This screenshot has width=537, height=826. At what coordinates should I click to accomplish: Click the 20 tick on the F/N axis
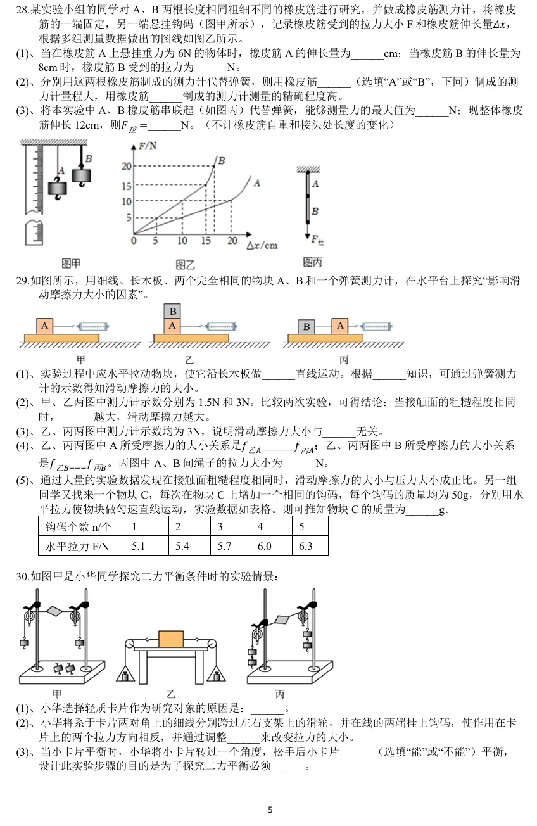pyautogui.click(x=127, y=167)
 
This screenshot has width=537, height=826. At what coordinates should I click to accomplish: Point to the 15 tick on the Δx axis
pyautogui.click(x=206, y=241)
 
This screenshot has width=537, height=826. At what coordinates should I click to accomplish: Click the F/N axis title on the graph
pyautogui.click(x=148, y=146)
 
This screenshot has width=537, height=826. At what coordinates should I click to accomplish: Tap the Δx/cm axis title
pyautogui.click(x=262, y=245)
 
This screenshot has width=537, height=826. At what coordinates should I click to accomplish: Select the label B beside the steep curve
pyautogui.click(x=222, y=161)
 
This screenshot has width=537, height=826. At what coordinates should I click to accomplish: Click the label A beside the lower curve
pyautogui.click(x=257, y=183)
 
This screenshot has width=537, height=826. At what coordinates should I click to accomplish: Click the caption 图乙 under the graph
pyautogui.click(x=185, y=264)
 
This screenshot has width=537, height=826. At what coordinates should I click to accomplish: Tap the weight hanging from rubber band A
pyautogui.click(x=58, y=188)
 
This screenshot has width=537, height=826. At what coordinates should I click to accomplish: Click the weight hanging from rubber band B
pyautogui.click(x=82, y=175)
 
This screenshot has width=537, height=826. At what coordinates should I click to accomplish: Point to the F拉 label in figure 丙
pyautogui.click(x=317, y=240)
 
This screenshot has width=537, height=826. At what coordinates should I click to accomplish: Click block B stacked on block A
pyautogui.click(x=172, y=312)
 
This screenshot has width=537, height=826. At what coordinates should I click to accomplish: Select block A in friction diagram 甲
pyautogui.click(x=44, y=326)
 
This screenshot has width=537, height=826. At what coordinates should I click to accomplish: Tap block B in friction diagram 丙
pyautogui.click(x=306, y=327)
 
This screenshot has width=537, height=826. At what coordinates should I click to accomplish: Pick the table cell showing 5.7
pyautogui.click(x=231, y=546)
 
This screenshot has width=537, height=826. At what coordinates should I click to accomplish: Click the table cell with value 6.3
pyautogui.click(x=310, y=546)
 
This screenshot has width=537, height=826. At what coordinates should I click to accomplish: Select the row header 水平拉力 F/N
pyautogui.click(x=82, y=546)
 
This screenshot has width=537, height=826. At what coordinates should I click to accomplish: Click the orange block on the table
pyautogui.click(x=171, y=639)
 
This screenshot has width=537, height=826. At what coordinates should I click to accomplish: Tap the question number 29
pyautogui.click(x=23, y=281)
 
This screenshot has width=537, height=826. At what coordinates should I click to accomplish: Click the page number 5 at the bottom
pyautogui.click(x=270, y=810)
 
